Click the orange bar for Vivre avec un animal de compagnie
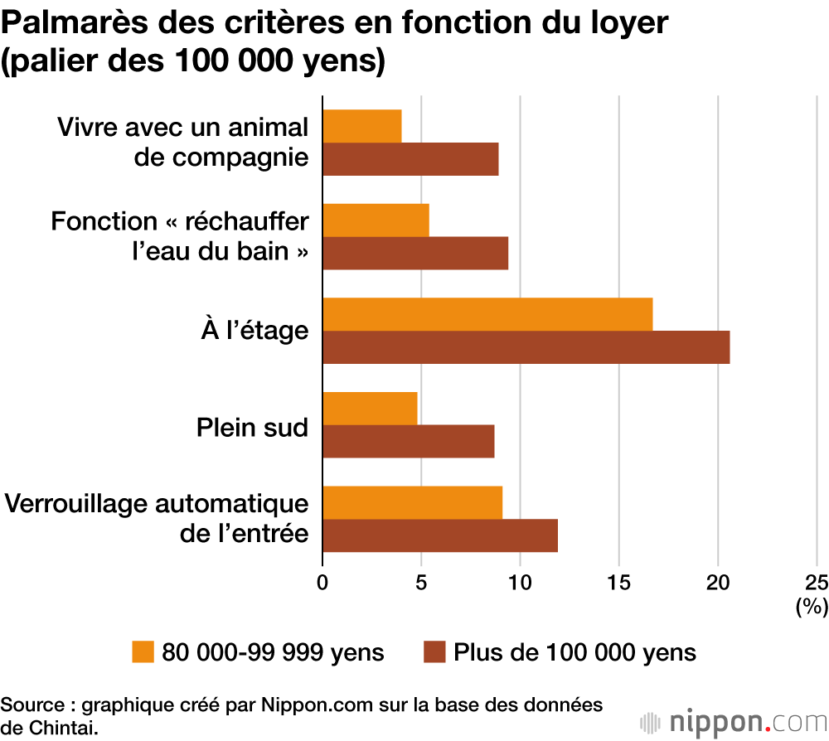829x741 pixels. pyautogui.click(x=362, y=126)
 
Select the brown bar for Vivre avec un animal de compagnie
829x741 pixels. pyautogui.click(x=410, y=159)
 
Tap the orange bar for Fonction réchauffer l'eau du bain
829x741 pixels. pyautogui.click(x=376, y=220)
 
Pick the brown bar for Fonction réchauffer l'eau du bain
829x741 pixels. pyautogui.click(x=415, y=253)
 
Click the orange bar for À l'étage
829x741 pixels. pyautogui.click(x=487, y=313)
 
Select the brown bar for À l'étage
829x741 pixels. pyautogui.click(x=526, y=346)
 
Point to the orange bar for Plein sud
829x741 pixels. pyautogui.click(x=370, y=408)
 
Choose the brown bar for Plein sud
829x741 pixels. pyautogui.click(x=409, y=441)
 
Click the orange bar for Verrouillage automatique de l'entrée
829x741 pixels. pyautogui.click(x=412, y=502)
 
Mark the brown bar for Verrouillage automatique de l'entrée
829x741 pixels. pyautogui.click(x=440, y=535)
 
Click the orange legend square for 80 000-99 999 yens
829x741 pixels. pyautogui.click(x=143, y=651)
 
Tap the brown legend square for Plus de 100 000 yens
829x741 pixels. pyautogui.click(x=434, y=651)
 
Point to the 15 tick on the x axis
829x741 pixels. pyautogui.click(x=618, y=582)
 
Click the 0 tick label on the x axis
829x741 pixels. pyautogui.click(x=322, y=582)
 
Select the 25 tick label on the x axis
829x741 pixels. pyautogui.click(x=816, y=582)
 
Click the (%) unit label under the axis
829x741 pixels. pyautogui.click(x=811, y=607)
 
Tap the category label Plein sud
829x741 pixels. pyautogui.click(x=252, y=428)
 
